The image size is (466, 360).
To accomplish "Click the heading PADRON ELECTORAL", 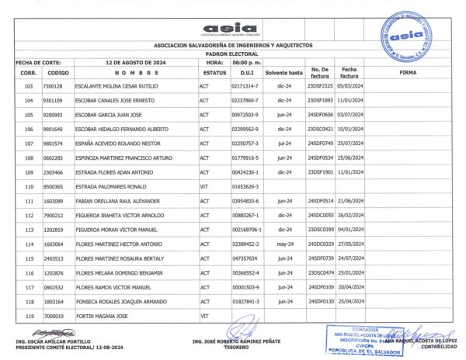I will (x=233, y=55).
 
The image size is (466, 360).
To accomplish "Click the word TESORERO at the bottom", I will (x=231, y=348).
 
